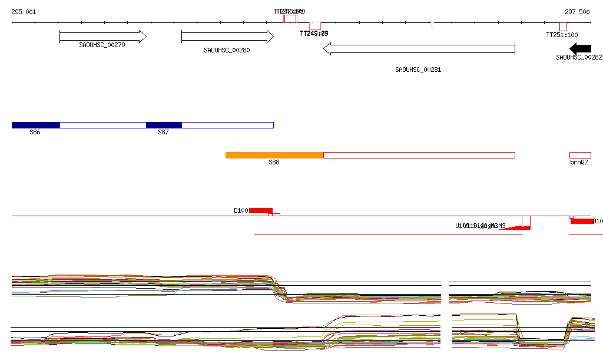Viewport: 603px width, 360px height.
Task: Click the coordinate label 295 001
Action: (24, 12)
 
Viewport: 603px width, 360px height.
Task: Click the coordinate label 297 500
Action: (577, 12)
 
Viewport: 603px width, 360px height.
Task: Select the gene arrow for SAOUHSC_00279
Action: (102, 37)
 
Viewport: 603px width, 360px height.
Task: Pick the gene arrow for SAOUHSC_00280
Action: (227, 37)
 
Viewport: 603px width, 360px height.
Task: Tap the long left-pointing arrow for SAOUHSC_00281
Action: (419, 49)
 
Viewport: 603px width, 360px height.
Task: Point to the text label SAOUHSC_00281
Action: (418, 70)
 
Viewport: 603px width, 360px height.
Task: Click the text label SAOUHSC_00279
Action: (102, 45)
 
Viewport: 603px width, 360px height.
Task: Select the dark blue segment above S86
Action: (36, 125)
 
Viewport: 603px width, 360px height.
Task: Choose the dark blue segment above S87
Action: (164, 125)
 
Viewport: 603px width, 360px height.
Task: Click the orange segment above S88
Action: (274, 155)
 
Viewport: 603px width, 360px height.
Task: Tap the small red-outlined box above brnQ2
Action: (580, 155)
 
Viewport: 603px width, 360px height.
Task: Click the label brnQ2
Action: (579, 162)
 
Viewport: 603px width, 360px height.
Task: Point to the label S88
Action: (274, 162)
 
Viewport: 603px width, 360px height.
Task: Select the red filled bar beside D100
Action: (261, 210)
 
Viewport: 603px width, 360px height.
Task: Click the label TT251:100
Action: (562, 35)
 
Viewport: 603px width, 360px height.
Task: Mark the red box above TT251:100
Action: (564, 27)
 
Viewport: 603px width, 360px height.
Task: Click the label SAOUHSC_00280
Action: (227, 51)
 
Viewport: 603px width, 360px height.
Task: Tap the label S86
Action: (35, 133)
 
